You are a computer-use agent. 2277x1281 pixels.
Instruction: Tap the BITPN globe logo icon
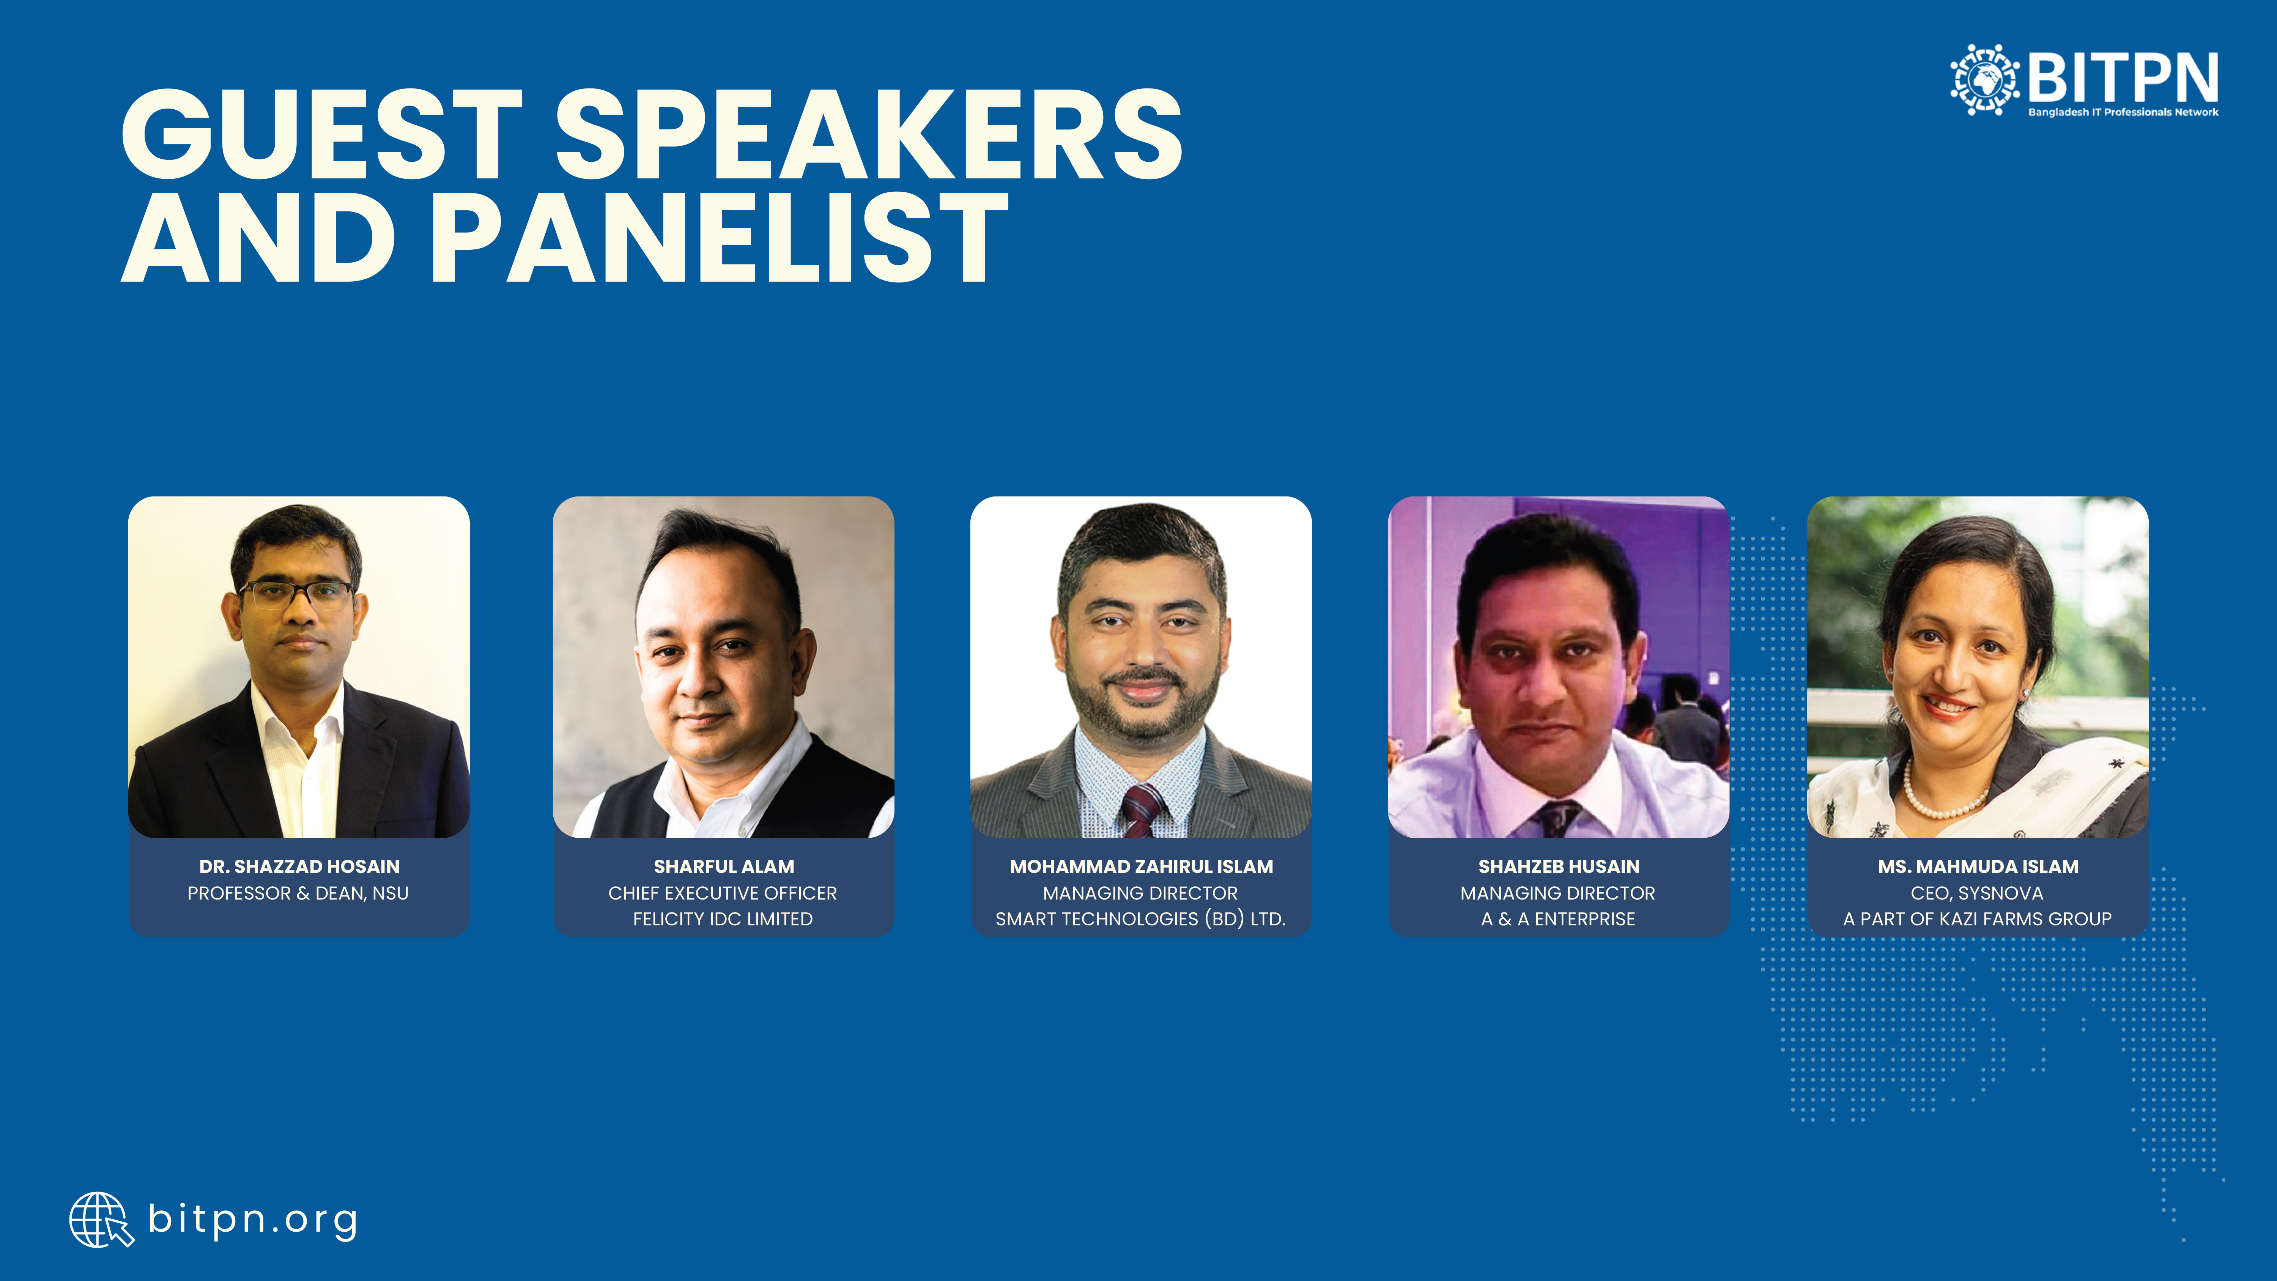1984,80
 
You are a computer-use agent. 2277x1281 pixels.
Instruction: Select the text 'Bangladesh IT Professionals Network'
2123,112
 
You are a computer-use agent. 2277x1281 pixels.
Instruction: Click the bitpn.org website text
253,1220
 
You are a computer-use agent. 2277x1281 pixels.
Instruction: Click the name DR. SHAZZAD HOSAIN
299,867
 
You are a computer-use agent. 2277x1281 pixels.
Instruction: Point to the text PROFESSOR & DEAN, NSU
298,893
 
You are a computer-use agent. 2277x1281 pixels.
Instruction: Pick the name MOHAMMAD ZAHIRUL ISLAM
1141,867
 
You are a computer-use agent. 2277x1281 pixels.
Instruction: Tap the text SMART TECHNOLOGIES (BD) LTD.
1140,919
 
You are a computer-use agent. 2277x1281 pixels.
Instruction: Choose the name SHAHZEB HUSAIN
1558,867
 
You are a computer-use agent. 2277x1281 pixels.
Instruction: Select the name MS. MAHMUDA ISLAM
1978,867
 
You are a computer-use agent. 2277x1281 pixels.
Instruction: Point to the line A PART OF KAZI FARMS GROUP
1977,919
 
